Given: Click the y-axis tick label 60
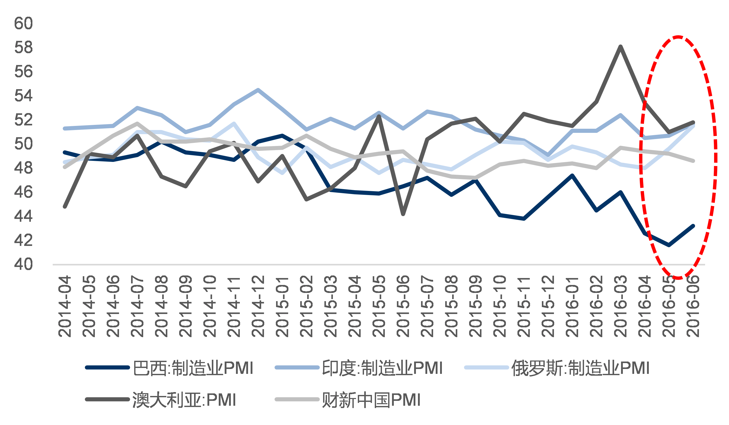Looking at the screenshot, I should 23,23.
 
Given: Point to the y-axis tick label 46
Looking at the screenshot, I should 23,192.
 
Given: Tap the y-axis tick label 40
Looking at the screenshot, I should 23,264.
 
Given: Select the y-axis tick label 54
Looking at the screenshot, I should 23,96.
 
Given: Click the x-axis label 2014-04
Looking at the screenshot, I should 65,306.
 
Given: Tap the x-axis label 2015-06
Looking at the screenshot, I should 403,306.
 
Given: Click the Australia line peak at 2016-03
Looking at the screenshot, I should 621,47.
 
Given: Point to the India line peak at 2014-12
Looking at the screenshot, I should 258,90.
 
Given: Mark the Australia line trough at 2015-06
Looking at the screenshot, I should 403,214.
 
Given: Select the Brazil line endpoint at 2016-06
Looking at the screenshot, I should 693,226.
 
